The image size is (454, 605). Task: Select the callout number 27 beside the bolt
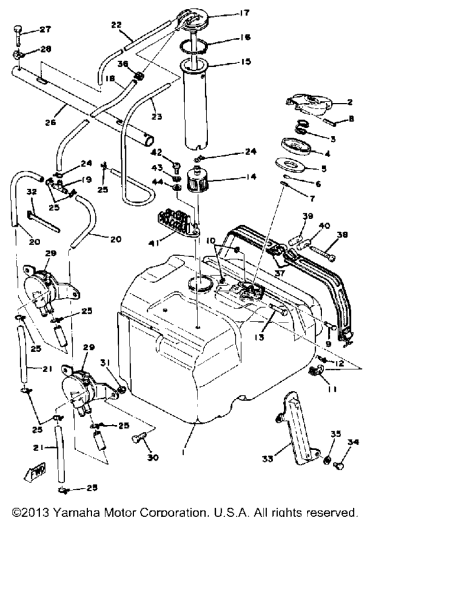[x=46, y=29]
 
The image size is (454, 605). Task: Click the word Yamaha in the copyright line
[x=78, y=513]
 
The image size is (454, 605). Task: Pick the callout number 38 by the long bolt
[x=341, y=234]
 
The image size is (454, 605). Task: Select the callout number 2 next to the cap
[x=349, y=102]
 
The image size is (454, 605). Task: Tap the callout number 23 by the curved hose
[x=155, y=116]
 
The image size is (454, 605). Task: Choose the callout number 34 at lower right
[x=354, y=442]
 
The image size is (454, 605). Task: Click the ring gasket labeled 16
[x=198, y=45]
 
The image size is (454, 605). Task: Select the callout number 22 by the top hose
[x=116, y=25]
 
